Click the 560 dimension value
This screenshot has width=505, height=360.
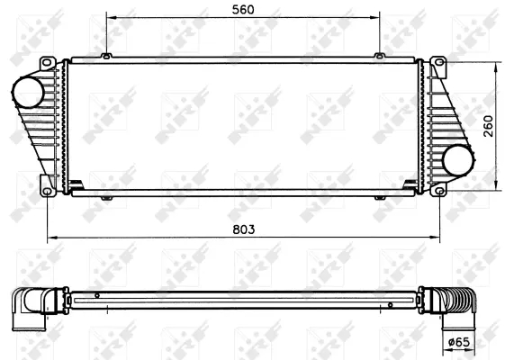tap(242, 9)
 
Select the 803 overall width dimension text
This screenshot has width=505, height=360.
tap(242, 229)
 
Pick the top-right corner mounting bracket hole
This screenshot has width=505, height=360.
tap(438, 64)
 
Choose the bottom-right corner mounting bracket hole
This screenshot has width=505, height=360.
tap(438, 189)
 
